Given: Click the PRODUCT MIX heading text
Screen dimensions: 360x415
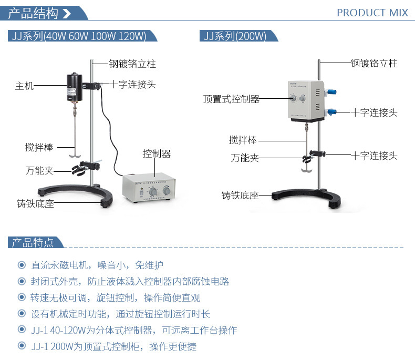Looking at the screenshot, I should tap(372, 13).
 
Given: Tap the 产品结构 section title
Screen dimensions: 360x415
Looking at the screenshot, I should tap(32, 13).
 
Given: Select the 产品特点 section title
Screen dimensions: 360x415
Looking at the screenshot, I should tap(32, 242).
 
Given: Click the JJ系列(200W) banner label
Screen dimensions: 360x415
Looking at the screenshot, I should tap(235, 36).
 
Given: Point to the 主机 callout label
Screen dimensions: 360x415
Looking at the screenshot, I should tap(24, 86).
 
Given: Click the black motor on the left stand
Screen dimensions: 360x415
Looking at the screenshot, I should tap(74, 86).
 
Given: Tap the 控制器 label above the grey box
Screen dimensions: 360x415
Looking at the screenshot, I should tap(157, 154).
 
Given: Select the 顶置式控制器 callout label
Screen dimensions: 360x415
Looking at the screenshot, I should tap(231, 98).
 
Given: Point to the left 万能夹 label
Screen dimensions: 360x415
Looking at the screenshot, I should tap(38, 170).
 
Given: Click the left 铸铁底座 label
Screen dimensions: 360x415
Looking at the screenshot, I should tap(35, 203).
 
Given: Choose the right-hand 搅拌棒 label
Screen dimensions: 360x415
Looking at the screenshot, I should tap(243, 140).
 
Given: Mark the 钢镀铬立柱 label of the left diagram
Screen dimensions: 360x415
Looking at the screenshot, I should tap(132, 64).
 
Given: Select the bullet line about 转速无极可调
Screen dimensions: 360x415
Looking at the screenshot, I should tap(115, 297).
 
